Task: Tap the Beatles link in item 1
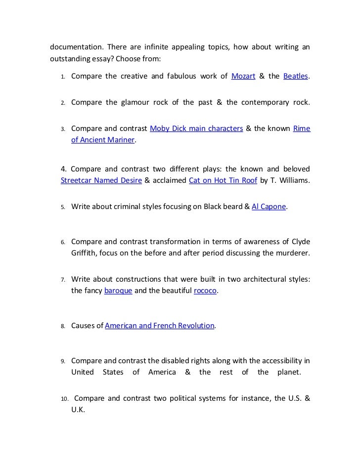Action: [x=296, y=76]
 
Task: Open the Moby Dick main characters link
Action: [x=196, y=128]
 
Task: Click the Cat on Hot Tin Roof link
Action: [x=223, y=180]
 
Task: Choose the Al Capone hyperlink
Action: [x=269, y=207]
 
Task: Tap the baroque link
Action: [x=118, y=291]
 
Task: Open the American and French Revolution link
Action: [x=160, y=326]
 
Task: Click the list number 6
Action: [x=63, y=242]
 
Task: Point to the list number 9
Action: [x=63, y=361]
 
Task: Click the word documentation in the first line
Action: [x=74, y=47]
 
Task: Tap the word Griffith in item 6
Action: [x=85, y=254]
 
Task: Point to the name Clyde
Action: [x=300, y=242]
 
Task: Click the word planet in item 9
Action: [x=288, y=372]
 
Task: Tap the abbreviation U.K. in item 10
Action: [x=78, y=410]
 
